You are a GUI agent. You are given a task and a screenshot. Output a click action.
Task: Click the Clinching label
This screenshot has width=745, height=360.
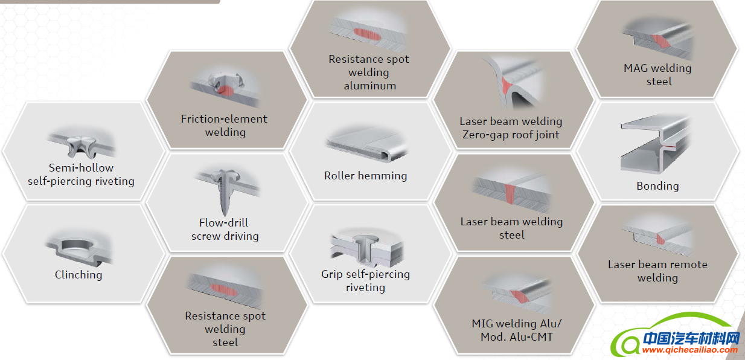point(78,275)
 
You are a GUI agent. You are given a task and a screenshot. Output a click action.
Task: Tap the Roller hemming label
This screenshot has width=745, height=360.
point(365,176)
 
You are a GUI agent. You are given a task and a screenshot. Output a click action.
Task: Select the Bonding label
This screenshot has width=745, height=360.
point(657,186)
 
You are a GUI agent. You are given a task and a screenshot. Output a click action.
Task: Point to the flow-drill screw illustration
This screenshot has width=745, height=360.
point(223,190)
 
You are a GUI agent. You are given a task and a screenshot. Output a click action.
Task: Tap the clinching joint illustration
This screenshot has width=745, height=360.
point(79,248)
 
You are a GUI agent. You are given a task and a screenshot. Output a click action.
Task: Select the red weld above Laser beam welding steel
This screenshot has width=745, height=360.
point(511,193)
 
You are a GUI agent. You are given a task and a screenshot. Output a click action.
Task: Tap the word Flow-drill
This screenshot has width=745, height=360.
point(223,223)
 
